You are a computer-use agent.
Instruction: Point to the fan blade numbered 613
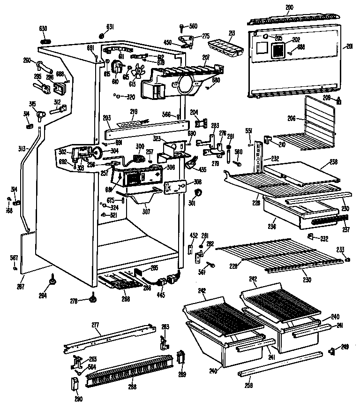pos(137,73)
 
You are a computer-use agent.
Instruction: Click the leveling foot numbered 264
pos(50,281)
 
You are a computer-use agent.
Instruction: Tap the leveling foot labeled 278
pos(94,298)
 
